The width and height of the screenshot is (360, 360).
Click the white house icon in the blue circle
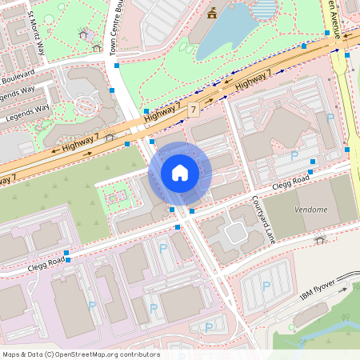(180, 172)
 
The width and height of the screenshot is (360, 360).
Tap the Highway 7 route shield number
(194, 107)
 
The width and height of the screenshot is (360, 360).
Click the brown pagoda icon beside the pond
(212, 13)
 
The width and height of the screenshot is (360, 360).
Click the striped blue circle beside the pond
(262, 9)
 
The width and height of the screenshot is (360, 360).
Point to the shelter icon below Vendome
(320, 239)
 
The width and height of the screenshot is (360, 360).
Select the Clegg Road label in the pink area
(45, 262)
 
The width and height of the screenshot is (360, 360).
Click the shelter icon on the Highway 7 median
(110, 137)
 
